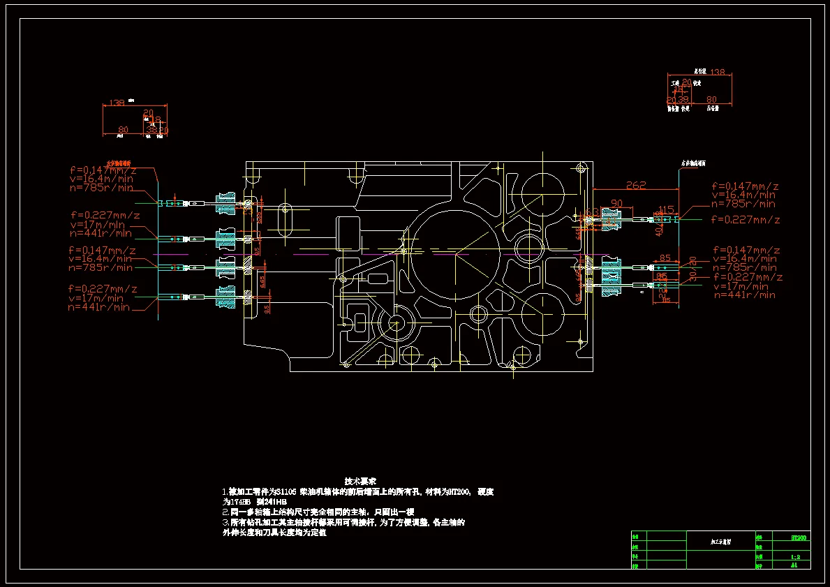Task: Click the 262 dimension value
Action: (636, 186)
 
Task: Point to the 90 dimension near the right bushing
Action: (616, 203)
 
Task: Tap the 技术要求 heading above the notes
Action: (360, 481)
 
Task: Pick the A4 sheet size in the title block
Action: (794, 565)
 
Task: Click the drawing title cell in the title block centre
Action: (720, 541)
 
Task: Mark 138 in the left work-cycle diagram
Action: (117, 103)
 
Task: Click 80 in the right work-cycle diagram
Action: (712, 99)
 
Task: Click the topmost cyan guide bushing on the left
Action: (225, 202)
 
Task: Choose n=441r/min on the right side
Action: (744, 295)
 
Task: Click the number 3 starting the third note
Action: (225, 522)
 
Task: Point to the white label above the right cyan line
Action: (692, 163)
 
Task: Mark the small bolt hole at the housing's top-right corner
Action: (581, 168)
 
